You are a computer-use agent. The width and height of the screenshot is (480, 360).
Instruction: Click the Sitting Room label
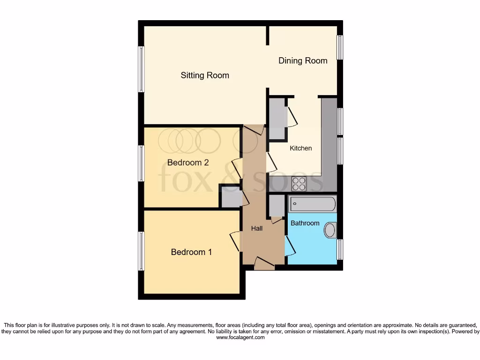[205, 75]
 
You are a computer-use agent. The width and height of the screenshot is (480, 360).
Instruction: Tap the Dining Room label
[303, 60]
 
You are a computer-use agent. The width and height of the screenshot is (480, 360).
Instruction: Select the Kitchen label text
[300, 148]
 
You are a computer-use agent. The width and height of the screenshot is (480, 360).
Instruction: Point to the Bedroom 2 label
[188, 163]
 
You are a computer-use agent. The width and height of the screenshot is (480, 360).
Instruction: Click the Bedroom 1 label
[191, 252]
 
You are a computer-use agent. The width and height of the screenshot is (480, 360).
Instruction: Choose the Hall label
[256, 228]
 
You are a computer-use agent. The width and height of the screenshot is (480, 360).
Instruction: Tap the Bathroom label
[305, 223]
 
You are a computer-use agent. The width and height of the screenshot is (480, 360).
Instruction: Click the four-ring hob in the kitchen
[299, 184]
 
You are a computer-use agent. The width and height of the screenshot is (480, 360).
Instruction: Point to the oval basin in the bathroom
[331, 230]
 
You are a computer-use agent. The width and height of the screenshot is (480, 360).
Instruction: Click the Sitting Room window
[141, 69]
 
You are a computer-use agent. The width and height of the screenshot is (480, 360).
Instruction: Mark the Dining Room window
[340, 48]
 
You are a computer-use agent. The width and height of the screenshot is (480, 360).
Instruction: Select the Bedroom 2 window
[141, 163]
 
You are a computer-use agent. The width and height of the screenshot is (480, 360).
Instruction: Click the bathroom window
[340, 249]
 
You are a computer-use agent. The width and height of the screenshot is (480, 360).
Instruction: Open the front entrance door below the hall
[264, 264]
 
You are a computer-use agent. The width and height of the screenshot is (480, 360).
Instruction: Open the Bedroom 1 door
[234, 241]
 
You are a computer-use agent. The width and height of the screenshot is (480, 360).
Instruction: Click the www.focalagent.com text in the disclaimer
[240, 337]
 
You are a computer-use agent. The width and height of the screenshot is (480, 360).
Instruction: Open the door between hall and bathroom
[290, 245]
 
